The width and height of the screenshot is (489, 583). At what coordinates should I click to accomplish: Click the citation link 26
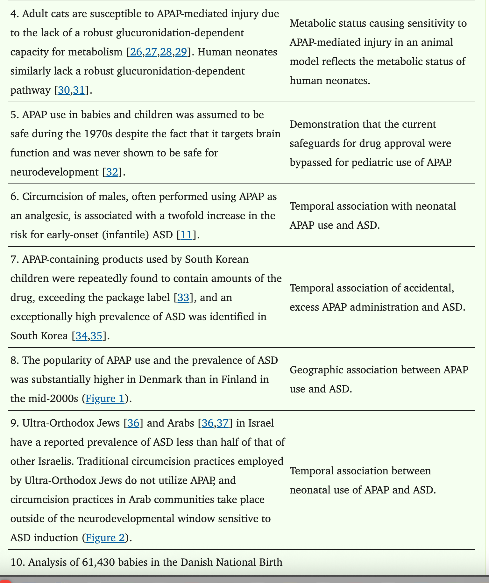tap(136, 52)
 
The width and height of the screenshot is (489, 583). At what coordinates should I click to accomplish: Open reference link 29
tap(181, 52)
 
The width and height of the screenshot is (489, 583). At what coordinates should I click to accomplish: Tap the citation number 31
tap(79, 90)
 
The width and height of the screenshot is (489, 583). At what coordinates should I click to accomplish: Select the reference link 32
tap(112, 172)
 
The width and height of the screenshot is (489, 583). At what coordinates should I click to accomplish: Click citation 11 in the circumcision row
tap(187, 235)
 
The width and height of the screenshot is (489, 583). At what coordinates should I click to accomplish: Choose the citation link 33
tap(183, 298)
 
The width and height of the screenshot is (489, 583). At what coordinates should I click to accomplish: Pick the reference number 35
tap(96, 336)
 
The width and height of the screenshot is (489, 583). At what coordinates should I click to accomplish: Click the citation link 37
tap(223, 423)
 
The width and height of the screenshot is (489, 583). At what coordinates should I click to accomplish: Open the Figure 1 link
tap(105, 399)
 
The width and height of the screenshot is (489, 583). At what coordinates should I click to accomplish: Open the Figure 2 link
tap(105, 538)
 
